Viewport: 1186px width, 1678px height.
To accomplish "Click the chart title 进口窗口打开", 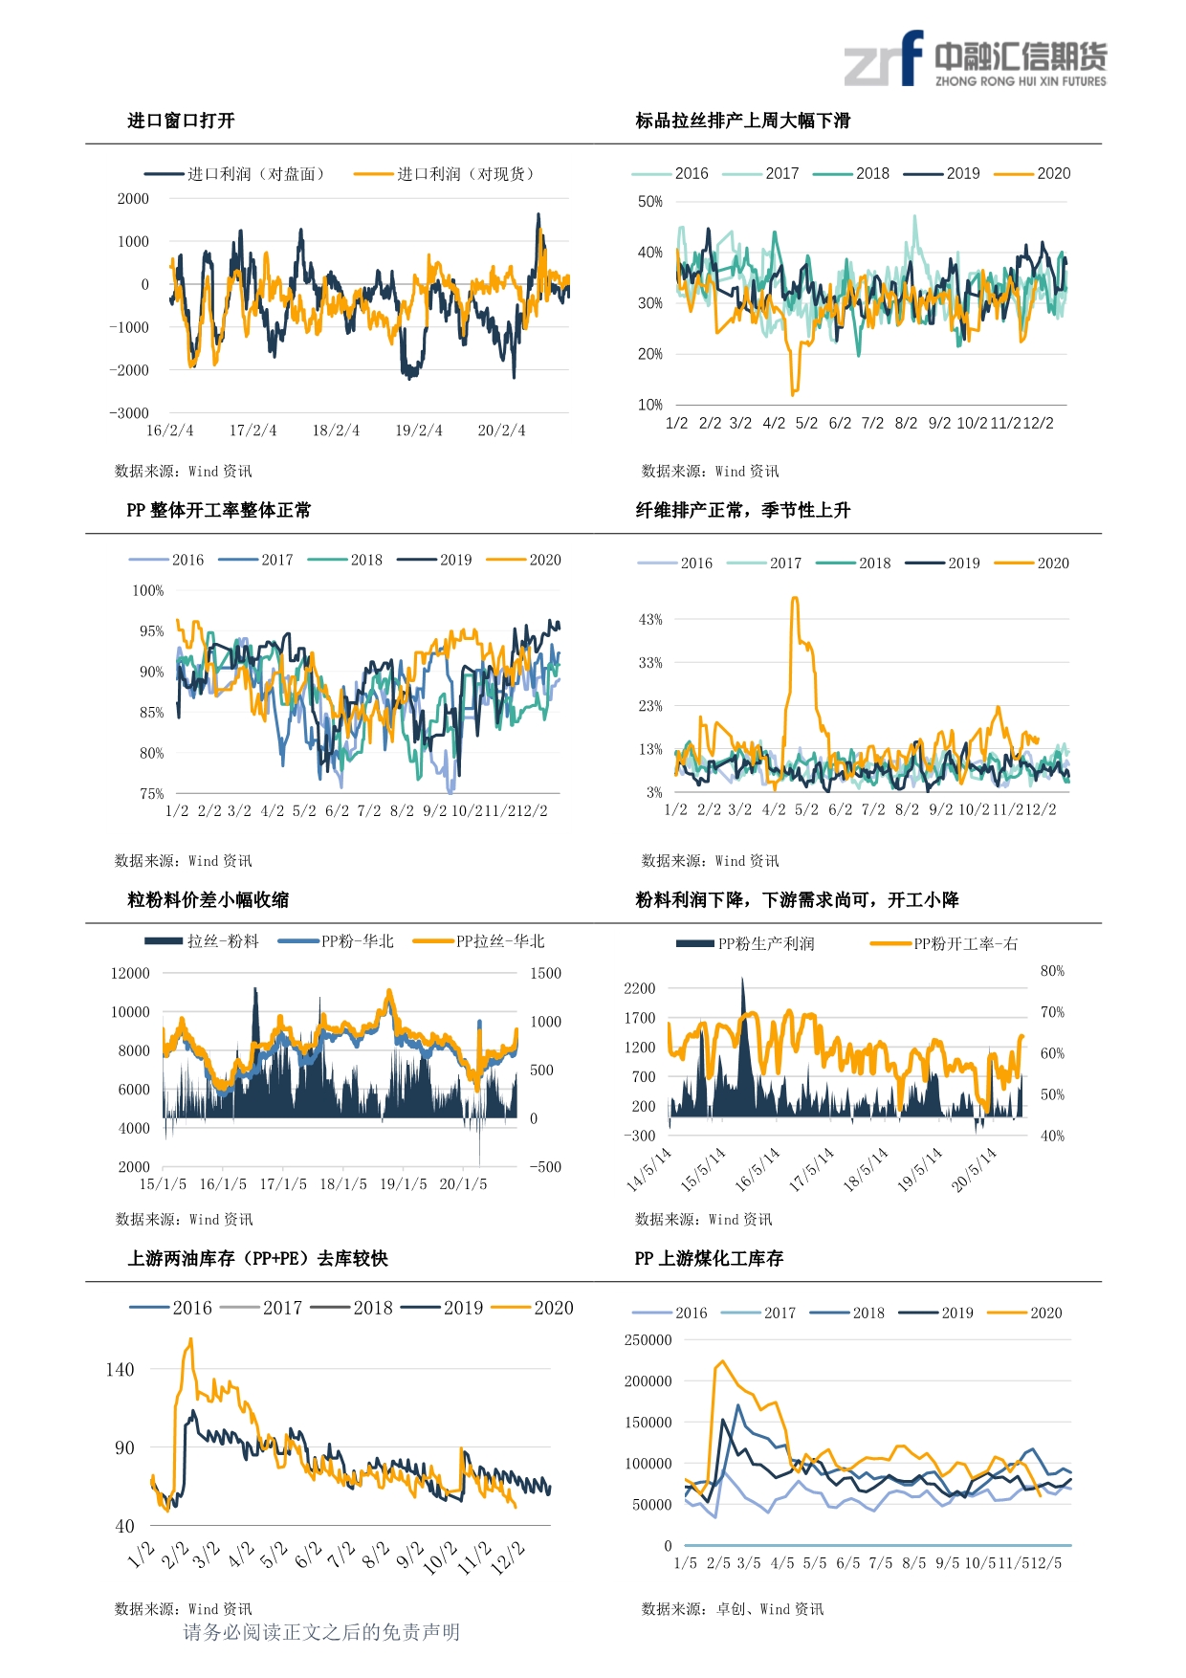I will tap(181, 121).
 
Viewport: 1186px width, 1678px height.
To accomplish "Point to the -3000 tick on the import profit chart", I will tap(129, 413).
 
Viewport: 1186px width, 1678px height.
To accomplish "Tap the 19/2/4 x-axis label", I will tap(419, 431).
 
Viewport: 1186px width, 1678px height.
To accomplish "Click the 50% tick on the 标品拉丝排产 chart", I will tap(650, 202).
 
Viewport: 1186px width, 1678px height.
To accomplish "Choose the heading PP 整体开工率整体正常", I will tap(218, 510).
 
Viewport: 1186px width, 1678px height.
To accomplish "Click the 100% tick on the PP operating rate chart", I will tap(147, 591).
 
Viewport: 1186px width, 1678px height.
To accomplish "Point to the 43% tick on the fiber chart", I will tap(650, 620).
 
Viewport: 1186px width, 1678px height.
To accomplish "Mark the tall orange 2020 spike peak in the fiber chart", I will tap(795, 599).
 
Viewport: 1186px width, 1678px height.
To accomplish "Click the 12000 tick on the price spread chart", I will tap(130, 974).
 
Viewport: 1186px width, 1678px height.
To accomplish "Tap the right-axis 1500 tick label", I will tap(545, 974).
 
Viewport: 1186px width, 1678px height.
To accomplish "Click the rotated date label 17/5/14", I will tap(812, 1169).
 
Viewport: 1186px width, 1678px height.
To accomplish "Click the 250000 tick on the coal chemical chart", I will tap(648, 1340).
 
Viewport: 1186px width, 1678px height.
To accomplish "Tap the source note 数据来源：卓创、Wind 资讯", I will tap(732, 1609).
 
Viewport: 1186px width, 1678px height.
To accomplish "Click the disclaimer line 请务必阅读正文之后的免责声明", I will tap(321, 1632).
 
